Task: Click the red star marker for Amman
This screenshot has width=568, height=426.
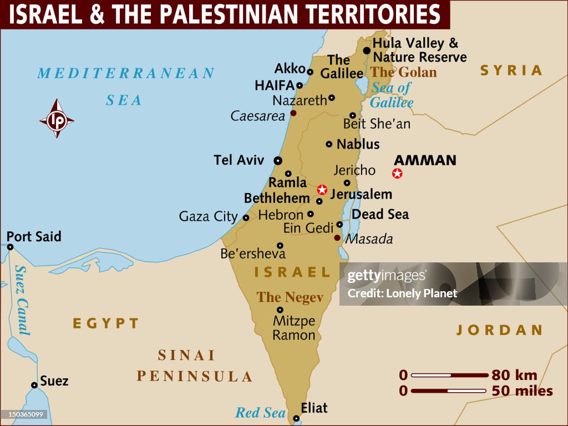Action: [397, 174]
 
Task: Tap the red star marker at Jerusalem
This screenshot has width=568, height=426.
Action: [322, 190]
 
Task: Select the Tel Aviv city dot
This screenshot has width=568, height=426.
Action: [278, 160]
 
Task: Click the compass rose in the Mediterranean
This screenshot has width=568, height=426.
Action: [57, 119]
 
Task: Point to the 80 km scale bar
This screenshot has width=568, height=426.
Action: [449, 376]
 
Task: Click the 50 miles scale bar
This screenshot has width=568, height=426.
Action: [449, 391]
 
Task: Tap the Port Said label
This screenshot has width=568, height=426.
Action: [34, 237]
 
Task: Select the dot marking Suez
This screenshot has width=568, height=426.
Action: [34, 385]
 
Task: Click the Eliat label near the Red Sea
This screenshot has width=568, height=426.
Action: [314, 408]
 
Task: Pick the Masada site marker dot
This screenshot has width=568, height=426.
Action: [337, 238]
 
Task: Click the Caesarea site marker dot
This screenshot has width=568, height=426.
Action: [293, 113]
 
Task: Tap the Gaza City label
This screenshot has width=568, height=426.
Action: [208, 216]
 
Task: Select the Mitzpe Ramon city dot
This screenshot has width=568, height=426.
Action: [280, 310]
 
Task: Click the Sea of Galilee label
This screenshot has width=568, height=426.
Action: [392, 95]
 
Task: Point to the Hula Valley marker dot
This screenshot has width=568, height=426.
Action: [367, 50]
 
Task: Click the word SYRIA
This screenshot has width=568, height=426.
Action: [511, 70]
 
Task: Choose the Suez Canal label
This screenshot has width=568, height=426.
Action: [22, 300]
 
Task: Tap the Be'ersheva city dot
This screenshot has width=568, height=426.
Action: [280, 245]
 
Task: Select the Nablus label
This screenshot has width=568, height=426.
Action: [358, 144]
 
